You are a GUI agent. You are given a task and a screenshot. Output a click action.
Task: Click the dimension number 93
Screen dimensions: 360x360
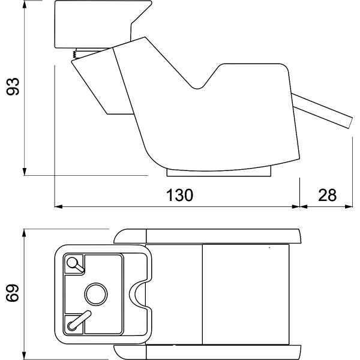click(x=13, y=86)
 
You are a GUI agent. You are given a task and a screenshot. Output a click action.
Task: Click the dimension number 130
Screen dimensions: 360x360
click(x=179, y=195)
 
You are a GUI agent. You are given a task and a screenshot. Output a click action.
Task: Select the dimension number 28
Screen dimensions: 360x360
click(x=327, y=195)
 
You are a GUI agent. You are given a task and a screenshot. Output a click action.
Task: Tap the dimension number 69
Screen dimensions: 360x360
click(x=13, y=293)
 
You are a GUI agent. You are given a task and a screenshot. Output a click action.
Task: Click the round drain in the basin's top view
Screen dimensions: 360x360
click(x=96, y=294)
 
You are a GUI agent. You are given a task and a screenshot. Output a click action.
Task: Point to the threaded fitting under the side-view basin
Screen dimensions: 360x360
click(x=74, y=54)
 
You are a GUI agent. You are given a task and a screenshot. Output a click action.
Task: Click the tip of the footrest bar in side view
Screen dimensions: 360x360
click(x=350, y=123)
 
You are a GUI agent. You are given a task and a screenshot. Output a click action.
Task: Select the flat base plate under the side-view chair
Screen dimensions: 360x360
click(x=219, y=173)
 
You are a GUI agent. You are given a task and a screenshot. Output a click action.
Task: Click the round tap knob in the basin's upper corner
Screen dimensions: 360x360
click(x=73, y=262)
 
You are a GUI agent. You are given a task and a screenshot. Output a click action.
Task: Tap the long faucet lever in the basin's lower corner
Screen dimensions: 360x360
click(x=80, y=320)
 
